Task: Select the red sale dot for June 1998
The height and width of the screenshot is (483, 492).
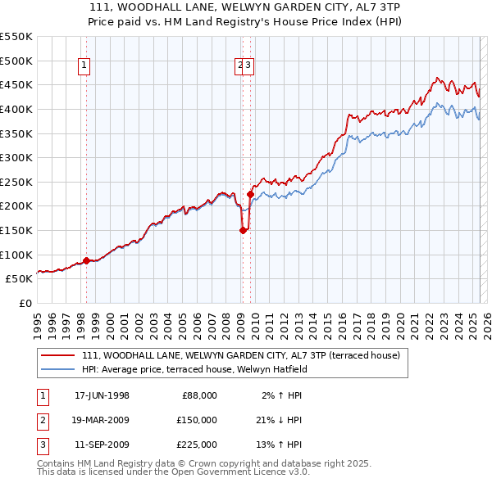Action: (86, 260)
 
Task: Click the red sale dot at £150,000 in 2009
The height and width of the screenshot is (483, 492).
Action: (243, 230)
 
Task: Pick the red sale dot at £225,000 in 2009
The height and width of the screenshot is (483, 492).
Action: (249, 194)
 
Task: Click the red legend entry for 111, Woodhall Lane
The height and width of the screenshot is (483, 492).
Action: (240, 355)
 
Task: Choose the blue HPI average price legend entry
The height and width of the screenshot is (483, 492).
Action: (194, 369)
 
